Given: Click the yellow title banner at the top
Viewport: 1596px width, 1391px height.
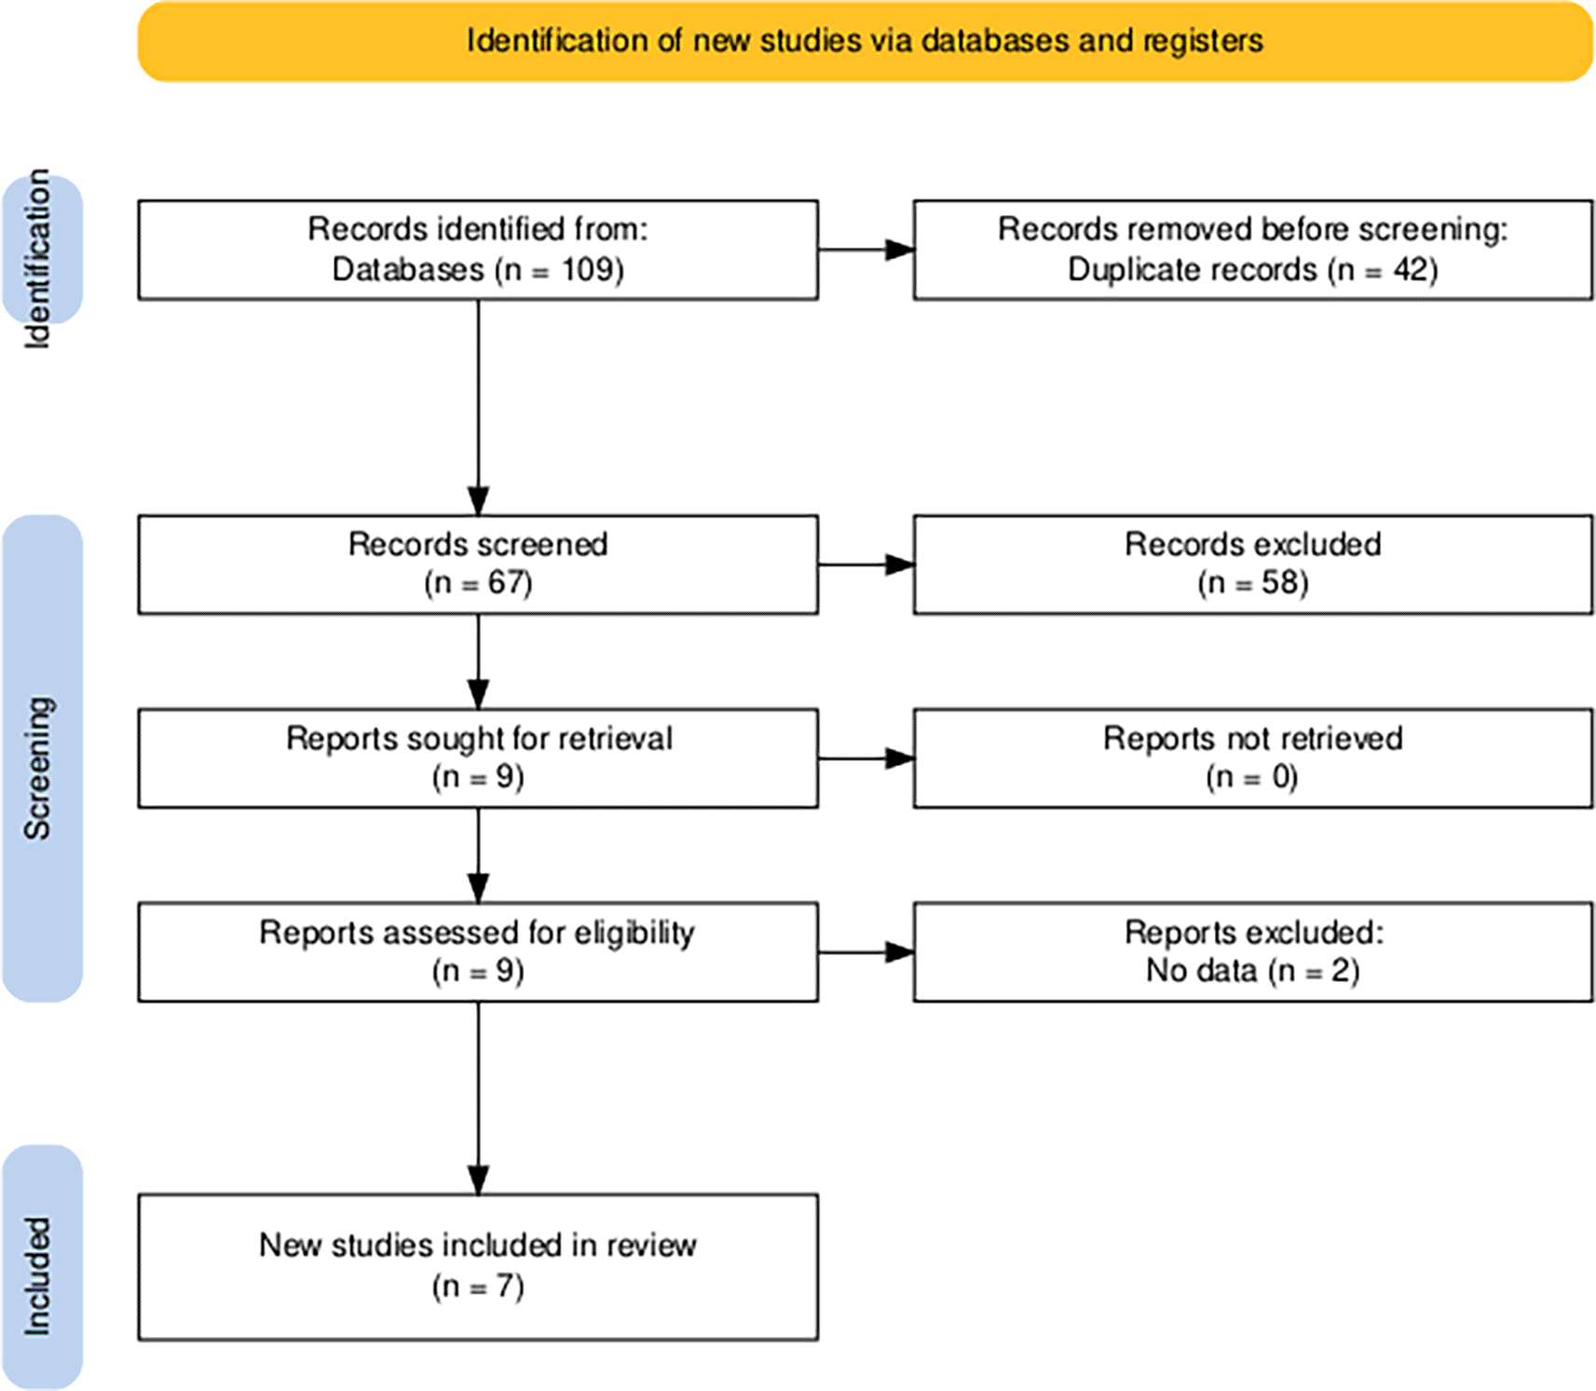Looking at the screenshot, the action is pyautogui.click(x=865, y=41).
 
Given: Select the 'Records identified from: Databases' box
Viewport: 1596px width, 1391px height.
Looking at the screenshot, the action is pyautogui.click(x=478, y=250).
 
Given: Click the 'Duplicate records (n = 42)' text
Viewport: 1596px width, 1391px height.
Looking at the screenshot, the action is pyautogui.click(x=1252, y=270).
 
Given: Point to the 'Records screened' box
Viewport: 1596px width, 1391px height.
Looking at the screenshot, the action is pyautogui.click(x=478, y=565).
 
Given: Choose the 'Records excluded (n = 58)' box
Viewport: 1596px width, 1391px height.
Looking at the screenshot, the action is pyautogui.click(x=1253, y=565).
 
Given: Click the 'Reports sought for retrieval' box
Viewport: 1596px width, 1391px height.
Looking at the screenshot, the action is pyautogui.click(x=478, y=758).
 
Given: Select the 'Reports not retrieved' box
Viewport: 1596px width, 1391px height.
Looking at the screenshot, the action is pyautogui.click(x=1253, y=758).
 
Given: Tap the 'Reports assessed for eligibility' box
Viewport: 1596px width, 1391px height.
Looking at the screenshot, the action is pyautogui.click(x=478, y=952).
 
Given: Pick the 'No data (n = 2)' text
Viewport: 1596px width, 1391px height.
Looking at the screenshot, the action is pyautogui.click(x=1252, y=971).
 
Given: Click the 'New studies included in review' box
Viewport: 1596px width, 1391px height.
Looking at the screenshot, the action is pyautogui.click(x=478, y=1267).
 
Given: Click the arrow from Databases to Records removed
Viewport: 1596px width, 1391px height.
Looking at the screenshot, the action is pyautogui.click(x=866, y=250).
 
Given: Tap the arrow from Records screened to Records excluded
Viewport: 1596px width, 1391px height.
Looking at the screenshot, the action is pyautogui.click(x=866, y=565).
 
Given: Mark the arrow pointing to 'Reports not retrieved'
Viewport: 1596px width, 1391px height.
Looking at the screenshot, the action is pyautogui.click(x=866, y=758).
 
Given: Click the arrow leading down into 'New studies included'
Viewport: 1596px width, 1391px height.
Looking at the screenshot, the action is pyautogui.click(x=478, y=1098).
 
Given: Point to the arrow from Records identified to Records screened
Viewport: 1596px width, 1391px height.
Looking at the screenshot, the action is pyautogui.click(x=478, y=407).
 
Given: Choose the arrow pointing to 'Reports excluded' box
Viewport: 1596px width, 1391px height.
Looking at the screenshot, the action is pyautogui.click(x=866, y=952).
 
